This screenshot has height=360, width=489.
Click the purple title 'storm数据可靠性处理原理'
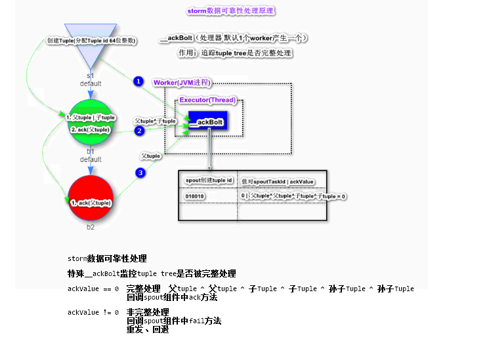230,11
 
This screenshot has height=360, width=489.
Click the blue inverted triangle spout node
91,43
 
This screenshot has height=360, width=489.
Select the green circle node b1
91,123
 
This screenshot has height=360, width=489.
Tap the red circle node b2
91,199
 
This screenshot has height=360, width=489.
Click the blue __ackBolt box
207,123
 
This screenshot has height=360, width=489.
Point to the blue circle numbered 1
138,81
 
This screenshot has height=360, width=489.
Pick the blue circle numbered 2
139,131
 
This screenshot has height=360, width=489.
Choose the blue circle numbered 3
140,173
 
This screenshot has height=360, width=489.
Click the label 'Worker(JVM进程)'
182,83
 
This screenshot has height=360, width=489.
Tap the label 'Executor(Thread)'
209,100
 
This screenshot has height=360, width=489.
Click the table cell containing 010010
196,196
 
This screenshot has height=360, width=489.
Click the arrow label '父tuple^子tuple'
156,121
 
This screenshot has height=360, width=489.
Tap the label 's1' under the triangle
91,76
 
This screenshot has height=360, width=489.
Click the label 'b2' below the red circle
91,227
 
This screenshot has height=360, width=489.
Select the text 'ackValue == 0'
93,289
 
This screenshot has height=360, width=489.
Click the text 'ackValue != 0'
93,313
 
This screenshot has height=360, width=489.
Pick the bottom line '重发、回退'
148,329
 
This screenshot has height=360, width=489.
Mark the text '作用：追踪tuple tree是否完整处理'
234,53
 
